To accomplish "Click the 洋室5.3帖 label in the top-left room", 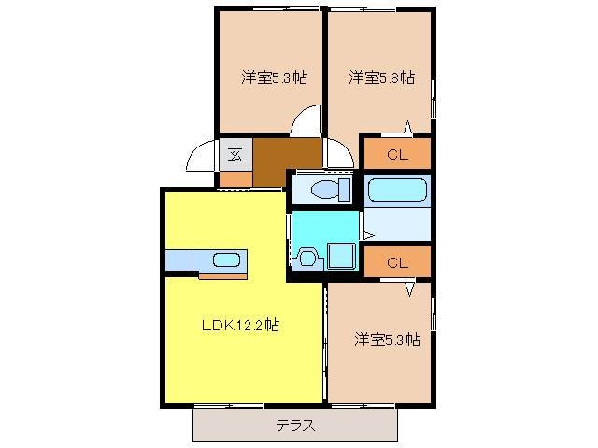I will (274, 78).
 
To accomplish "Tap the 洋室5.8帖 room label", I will (381, 78).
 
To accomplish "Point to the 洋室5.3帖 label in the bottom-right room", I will (386, 340).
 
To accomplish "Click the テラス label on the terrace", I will (294, 426).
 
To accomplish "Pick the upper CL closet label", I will (397, 153).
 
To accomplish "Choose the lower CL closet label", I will (397, 262).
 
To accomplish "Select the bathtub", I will (397, 189).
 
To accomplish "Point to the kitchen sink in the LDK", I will (225, 259).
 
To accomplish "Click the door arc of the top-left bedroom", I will (306, 123).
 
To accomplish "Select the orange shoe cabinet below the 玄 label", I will (235, 177).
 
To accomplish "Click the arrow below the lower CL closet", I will (409, 288).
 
